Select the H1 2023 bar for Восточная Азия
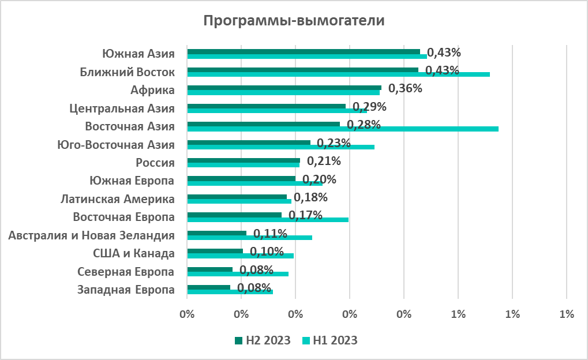tap(343, 129)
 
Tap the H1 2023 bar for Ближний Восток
tap(339, 74)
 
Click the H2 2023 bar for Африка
tap(284, 88)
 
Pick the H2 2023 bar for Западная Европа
tap(208, 287)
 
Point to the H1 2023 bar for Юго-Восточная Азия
tap(280, 147)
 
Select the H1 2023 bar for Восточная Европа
tap(268, 219)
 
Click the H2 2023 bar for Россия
tap(244, 160)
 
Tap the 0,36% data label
tap(405, 89)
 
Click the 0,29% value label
tap(369, 107)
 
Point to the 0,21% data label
tap(324, 161)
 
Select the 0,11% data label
tap(270, 234)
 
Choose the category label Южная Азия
tap(138, 54)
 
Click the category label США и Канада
tap(133, 253)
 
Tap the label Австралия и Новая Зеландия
tap(92, 235)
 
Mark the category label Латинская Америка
tap(118, 199)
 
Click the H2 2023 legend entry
tap(262, 340)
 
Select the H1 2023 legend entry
tap(329, 340)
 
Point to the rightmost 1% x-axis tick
tap(567, 314)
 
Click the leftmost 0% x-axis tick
tap(187, 314)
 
